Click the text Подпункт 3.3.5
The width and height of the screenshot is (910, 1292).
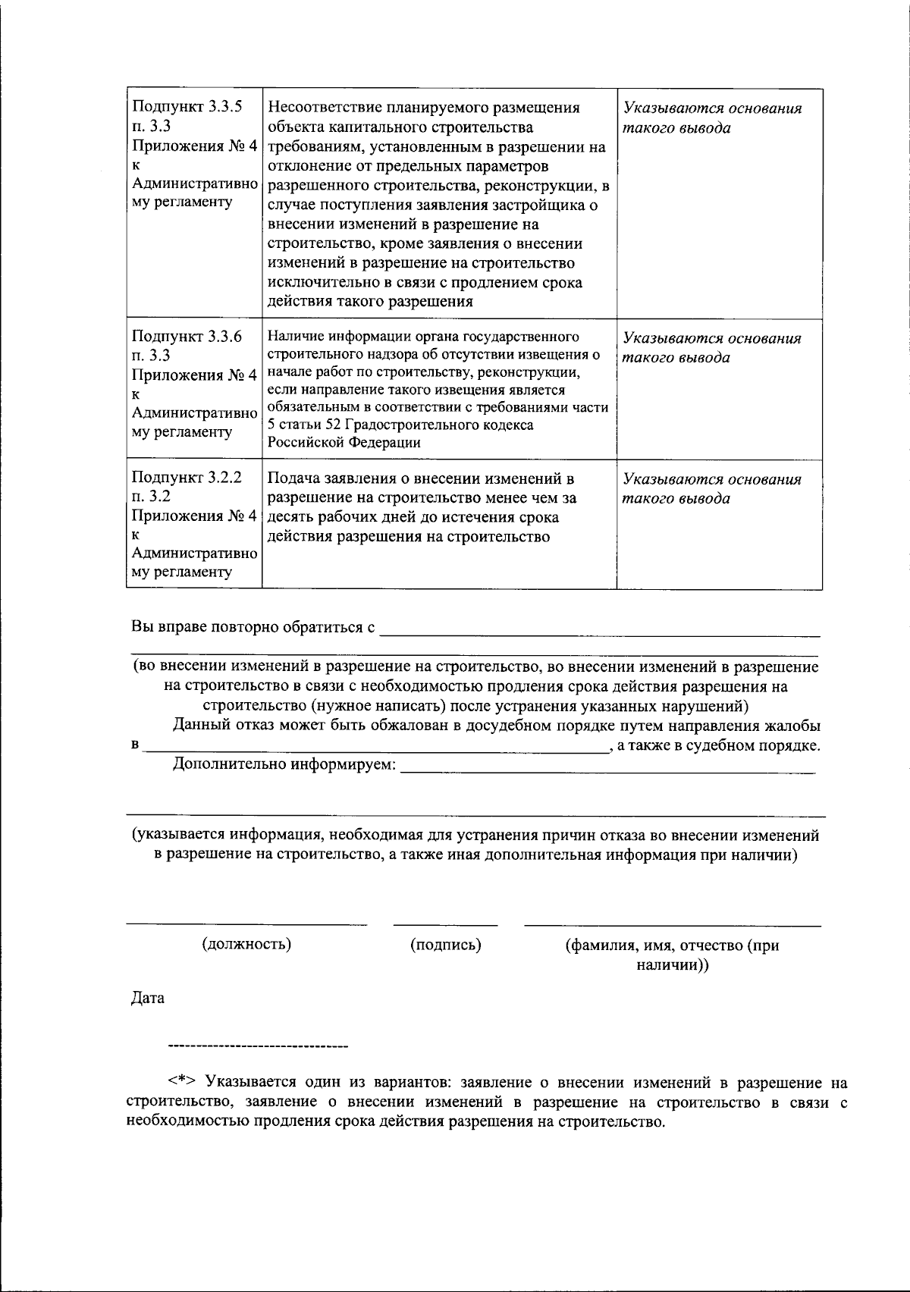pos(187,107)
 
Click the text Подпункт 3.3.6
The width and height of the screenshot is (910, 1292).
pos(187,337)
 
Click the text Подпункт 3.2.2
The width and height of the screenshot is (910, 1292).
pos(187,478)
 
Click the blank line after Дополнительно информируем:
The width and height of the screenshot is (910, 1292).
pos(607,770)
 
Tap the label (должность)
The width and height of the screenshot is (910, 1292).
pos(246,945)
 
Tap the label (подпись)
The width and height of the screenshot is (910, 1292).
pos(446,945)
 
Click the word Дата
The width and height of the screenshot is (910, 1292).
pos(148,999)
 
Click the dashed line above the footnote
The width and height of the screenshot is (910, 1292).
pos(258,1047)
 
